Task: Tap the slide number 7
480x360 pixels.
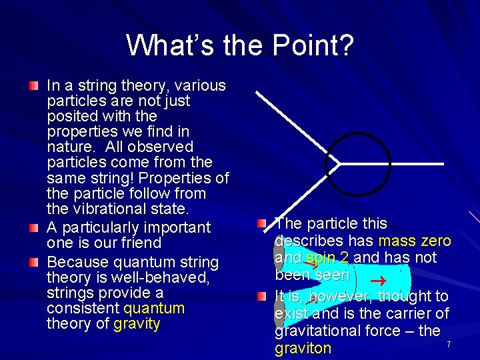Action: point(449,344)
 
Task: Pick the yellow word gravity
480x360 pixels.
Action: point(137,325)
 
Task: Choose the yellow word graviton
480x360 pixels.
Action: point(303,348)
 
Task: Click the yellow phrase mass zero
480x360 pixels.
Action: point(414,241)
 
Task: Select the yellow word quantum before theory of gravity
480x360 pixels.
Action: point(154,309)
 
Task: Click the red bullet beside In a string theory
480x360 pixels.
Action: point(34,87)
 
